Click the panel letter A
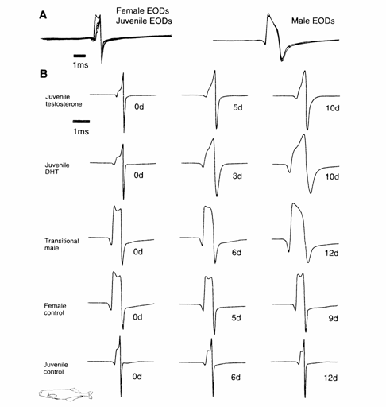coord(43,15)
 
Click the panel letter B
coord(44,74)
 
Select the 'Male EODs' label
coord(313,21)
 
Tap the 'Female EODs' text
coord(142,10)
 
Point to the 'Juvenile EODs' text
coord(144,21)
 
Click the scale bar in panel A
coord(79,56)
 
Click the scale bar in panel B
coord(81,122)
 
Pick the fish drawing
coord(66,394)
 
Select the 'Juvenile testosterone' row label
coord(64,100)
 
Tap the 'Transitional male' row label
coord(61,244)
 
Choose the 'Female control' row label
coord(55,309)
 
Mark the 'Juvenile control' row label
coord(56,368)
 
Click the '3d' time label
coord(237,176)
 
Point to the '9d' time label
coord(334,318)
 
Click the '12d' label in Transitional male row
coord(332,254)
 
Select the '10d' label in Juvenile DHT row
coord(332,176)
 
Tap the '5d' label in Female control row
coord(236,318)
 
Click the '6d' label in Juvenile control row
coord(236,377)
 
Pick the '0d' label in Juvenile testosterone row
coord(139,107)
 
